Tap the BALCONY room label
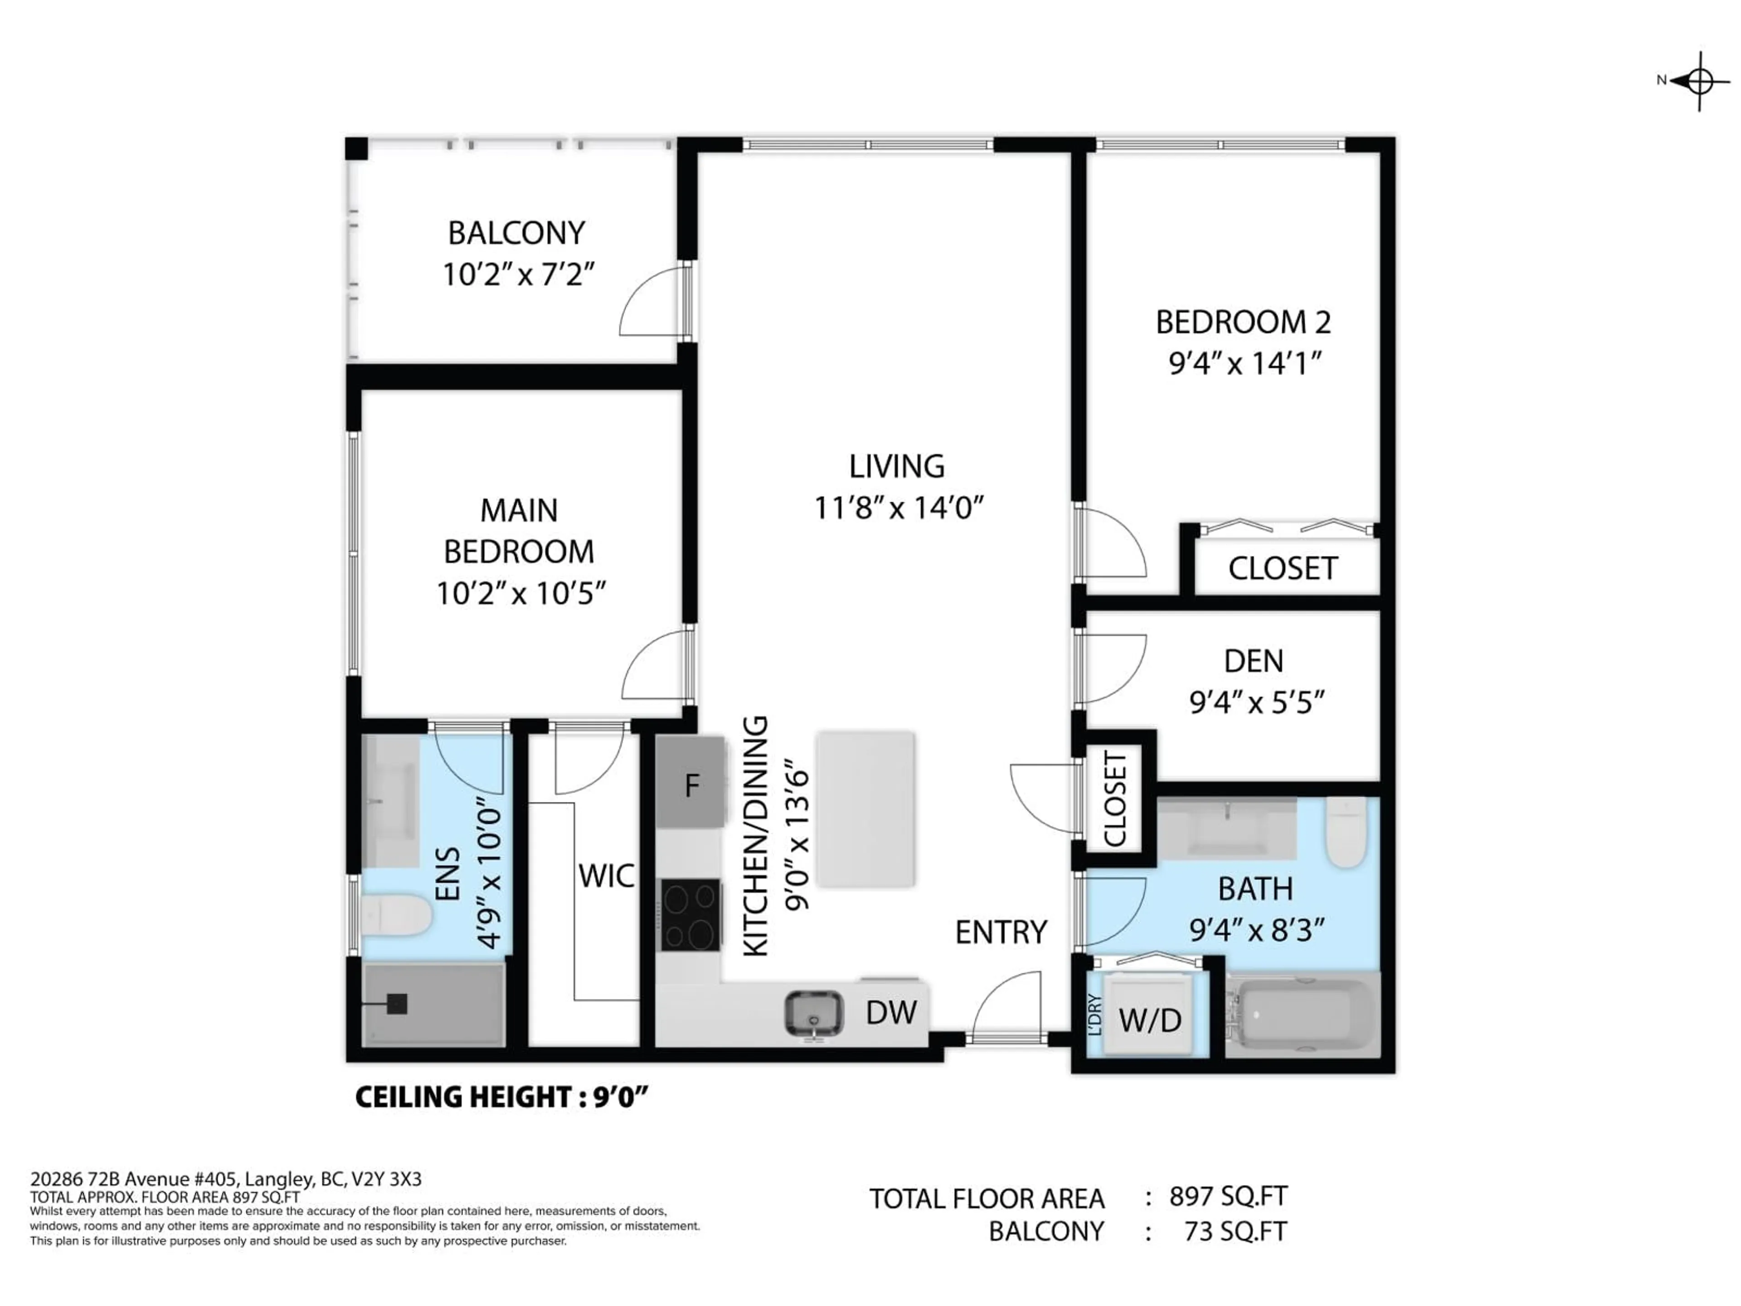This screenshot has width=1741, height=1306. click(x=516, y=233)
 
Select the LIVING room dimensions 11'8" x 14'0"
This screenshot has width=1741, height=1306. click(x=899, y=508)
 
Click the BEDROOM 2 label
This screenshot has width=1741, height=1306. click(x=1243, y=322)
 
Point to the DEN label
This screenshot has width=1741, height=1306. click(x=1253, y=660)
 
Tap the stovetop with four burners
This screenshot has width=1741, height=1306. click(x=690, y=915)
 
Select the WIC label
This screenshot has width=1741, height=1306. click(x=606, y=875)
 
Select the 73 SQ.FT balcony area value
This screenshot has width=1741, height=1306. click(x=1235, y=1230)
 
